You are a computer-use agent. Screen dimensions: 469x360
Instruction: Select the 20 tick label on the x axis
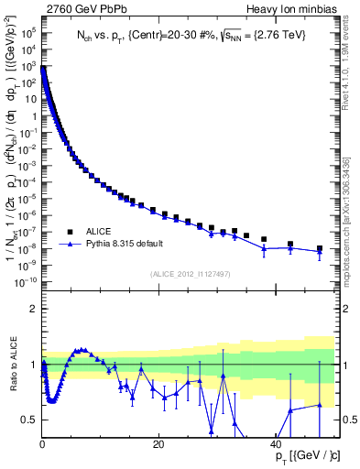(x=158, y=444)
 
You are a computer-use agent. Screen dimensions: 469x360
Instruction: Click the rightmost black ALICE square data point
(x=320, y=248)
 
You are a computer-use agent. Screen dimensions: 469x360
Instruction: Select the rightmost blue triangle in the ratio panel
(x=320, y=405)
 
